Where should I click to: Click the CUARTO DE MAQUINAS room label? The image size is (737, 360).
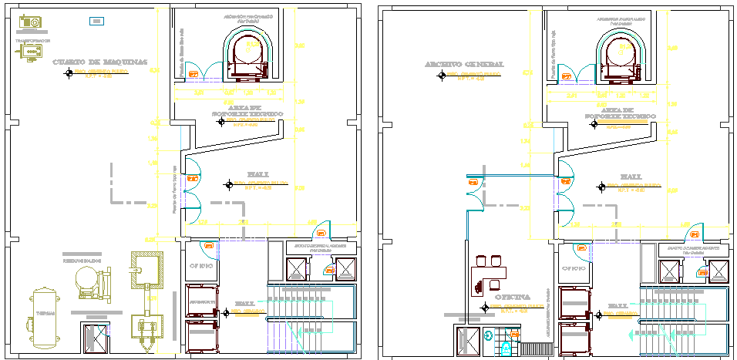click(99, 62)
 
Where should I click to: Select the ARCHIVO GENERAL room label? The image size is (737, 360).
click(463, 64)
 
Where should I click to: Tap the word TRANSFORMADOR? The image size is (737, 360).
click(33, 40)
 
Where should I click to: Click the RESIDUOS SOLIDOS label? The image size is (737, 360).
click(84, 261)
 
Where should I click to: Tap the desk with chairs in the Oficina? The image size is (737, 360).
click(493, 272)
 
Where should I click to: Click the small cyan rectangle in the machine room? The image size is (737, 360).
click(96, 21)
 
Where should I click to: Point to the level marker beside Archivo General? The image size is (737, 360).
click(441, 76)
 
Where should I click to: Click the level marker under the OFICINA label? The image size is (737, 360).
click(485, 308)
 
